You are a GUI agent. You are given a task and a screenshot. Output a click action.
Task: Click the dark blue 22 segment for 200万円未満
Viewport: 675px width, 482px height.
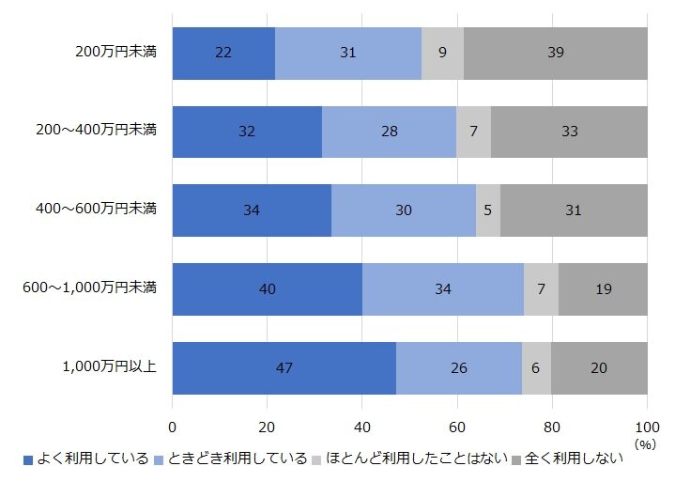tap(223, 53)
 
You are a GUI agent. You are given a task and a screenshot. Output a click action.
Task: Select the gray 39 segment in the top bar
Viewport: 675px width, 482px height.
tap(555, 53)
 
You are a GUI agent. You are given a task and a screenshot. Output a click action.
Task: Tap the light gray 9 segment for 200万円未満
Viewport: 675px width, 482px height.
tap(442, 53)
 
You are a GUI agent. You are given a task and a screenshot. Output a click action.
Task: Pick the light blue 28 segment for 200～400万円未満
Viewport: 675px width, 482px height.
tap(389, 132)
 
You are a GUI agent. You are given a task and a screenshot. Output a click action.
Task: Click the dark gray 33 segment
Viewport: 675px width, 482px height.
tap(569, 132)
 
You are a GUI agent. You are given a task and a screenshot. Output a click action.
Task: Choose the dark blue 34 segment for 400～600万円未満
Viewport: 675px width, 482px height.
tap(252, 210)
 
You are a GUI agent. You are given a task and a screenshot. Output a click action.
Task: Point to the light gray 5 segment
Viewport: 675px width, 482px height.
tap(488, 210)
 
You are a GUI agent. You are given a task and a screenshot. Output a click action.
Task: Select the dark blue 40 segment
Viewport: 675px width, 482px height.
tap(267, 288)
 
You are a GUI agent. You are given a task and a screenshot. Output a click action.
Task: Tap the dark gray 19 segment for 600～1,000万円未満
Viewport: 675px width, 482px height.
tap(603, 288)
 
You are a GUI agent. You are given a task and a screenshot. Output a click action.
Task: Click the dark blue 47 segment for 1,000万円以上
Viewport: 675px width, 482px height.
tap(284, 367)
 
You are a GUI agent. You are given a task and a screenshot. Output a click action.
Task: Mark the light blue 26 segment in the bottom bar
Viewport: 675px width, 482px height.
tap(458, 367)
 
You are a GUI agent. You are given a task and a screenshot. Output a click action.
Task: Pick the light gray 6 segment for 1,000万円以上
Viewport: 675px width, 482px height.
tap(536, 367)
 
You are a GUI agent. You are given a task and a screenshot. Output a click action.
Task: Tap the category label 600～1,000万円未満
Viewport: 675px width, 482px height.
tap(89, 288)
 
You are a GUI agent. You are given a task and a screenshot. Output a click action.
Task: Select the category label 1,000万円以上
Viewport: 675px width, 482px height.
tap(109, 366)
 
